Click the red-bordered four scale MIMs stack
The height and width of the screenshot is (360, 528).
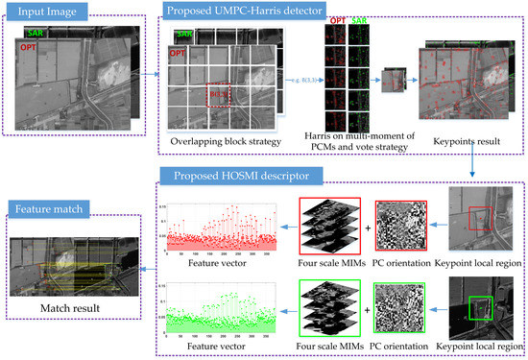point(328,228)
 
